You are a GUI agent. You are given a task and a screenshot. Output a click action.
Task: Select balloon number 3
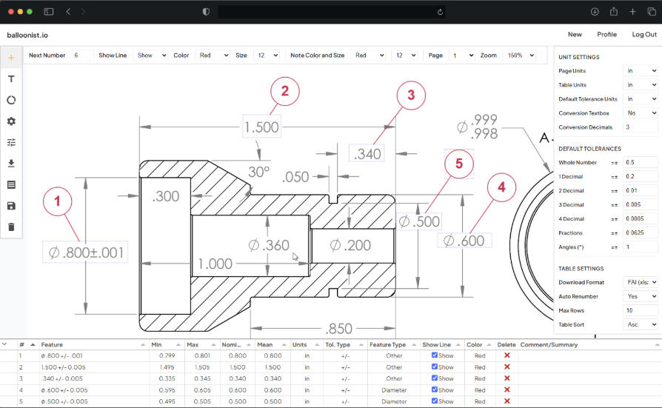pyautogui.click(x=412, y=95)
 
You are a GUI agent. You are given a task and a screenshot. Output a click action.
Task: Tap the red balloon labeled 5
pyautogui.click(x=459, y=164)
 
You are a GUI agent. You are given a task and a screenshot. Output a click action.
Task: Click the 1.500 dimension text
pyautogui.click(x=261, y=127)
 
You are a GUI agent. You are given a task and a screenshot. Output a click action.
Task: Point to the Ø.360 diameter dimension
pyautogui.click(x=268, y=245)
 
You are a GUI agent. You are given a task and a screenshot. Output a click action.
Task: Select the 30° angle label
pyautogui.click(x=259, y=172)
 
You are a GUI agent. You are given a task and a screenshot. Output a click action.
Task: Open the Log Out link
pyautogui.click(x=643, y=35)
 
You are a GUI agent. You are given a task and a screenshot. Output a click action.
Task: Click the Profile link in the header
pyautogui.click(x=606, y=35)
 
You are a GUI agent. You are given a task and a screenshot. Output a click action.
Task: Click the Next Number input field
pyautogui.click(x=82, y=56)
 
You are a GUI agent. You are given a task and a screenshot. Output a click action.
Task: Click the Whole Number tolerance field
pyautogui.click(x=641, y=162)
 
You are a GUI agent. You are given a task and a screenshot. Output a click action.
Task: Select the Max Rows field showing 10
pyautogui.click(x=641, y=310)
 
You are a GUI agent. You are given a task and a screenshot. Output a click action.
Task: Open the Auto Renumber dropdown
pyautogui.click(x=641, y=296)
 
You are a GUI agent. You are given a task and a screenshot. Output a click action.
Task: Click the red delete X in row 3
pyautogui.click(x=507, y=378)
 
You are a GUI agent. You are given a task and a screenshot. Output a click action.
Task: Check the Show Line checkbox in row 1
pyautogui.click(x=435, y=355)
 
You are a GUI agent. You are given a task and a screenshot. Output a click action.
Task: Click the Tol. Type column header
pyautogui.click(x=343, y=345)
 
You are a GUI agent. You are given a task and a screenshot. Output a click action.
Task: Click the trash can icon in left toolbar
pyautogui.click(x=11, y=227)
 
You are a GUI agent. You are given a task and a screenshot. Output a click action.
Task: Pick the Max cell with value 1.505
pyautogui.click(x=202, y=367)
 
